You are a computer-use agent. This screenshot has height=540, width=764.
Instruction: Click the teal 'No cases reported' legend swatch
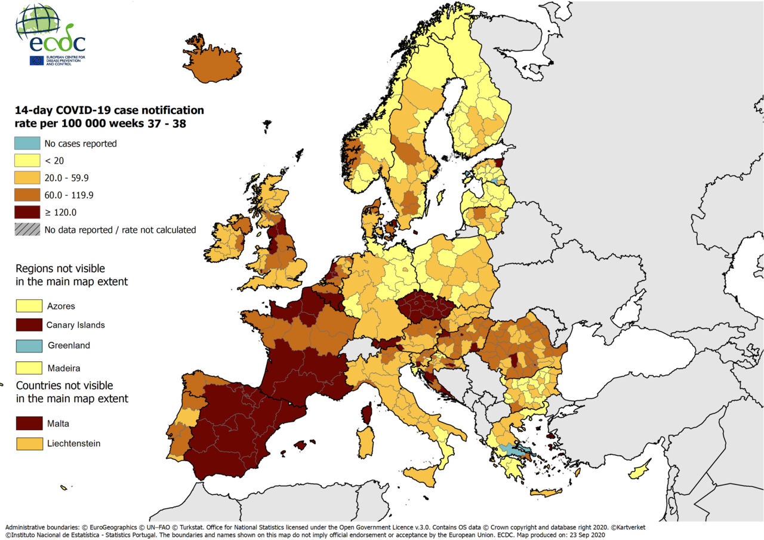tap(27, 143)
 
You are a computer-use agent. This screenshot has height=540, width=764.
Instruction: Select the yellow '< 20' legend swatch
tap(27, 161)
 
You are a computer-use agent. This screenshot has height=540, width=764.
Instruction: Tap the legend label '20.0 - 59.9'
tap(67, 178)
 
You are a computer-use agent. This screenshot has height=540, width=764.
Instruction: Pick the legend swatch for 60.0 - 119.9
tap(27, 195)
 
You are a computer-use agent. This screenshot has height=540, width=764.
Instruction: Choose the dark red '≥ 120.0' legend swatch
tap(27, 212)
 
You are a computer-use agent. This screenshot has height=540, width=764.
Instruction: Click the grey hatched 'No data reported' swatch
tap(27, 229)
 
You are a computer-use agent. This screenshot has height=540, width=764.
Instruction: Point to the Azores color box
tap(29, 306)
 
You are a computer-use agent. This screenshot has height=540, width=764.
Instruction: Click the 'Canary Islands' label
tap(76, 326)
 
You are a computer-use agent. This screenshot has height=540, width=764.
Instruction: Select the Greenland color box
tap(29, 345)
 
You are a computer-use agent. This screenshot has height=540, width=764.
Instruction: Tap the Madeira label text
tap(64, 368)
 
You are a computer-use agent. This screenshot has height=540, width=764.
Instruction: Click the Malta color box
tap(29, 424)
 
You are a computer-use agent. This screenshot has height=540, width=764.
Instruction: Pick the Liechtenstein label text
tap(73, 443)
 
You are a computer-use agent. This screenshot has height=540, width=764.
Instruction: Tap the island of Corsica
tap(368, 413)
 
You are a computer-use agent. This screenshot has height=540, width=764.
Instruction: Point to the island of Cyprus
tap(639, 470)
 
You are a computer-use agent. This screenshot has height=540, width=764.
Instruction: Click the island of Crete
tap(546, 493)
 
